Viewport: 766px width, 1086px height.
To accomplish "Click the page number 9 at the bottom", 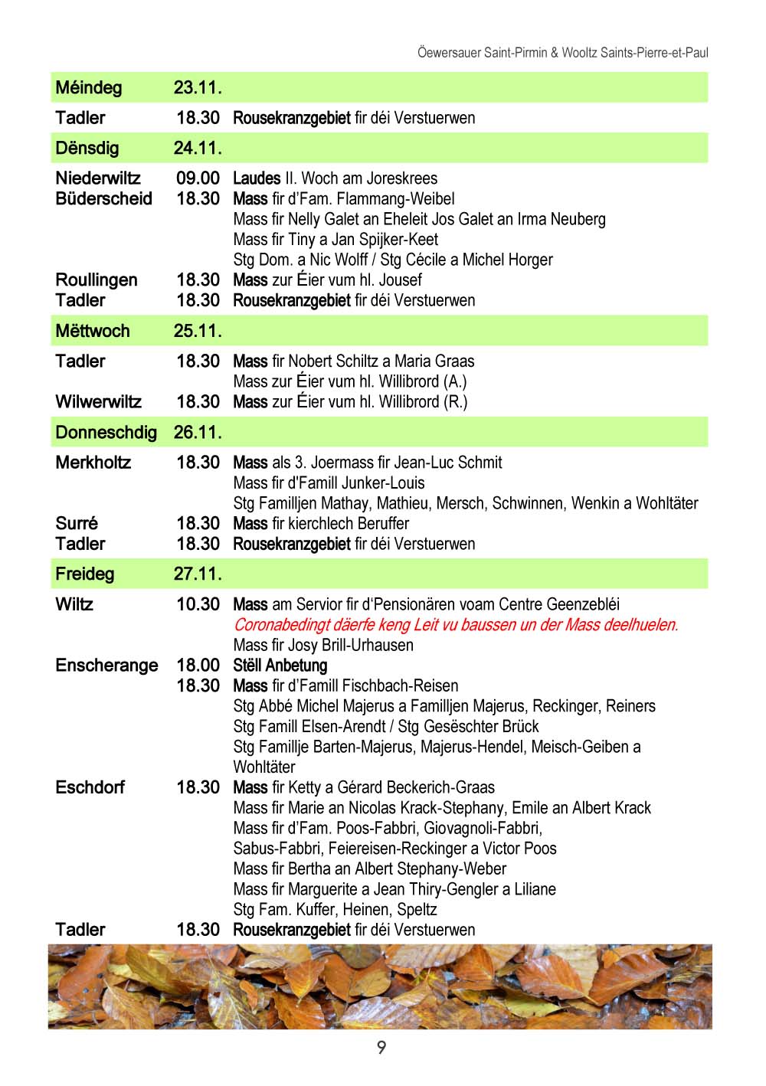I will pos(381,1047).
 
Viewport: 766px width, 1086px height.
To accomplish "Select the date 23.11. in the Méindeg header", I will pos(198,87).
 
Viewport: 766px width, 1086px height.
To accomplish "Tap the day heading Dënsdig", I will pos(87,148).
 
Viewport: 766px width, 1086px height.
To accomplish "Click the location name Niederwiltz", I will pos(98,178).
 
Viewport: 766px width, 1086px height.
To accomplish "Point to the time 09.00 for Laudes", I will pos(198,178).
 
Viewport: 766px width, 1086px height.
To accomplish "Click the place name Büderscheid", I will pos(103,199).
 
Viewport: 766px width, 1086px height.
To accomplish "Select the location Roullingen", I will pos(97,280).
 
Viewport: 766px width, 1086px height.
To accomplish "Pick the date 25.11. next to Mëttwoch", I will pos(198,331).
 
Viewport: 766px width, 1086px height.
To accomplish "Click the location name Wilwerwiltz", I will pos(98,402).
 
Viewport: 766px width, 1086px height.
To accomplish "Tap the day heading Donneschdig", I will pos(106,433).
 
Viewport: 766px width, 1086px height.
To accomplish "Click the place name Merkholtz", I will pos(93,463).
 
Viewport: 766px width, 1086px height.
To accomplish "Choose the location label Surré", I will pos(77,524).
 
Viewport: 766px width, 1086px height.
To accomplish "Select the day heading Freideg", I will pos(84,574).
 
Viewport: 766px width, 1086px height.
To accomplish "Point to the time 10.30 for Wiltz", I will pos(198,604).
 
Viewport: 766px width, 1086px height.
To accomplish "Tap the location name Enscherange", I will pos(106,666).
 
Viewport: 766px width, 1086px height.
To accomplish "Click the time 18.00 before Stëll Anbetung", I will pos(198,666).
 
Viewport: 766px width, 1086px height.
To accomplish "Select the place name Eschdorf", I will pos(90,787).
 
